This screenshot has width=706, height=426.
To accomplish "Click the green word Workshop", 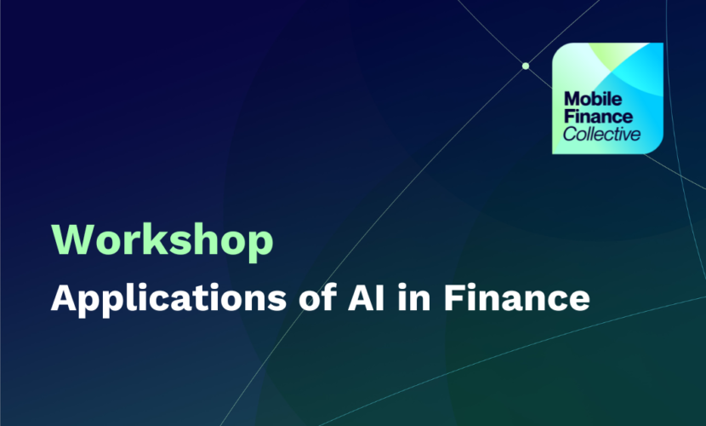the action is point(162,241).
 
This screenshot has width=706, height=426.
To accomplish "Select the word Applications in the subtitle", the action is point(169,299).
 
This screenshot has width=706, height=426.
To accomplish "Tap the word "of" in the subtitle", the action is point(318,297).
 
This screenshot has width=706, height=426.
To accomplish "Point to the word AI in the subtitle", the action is point(367,297).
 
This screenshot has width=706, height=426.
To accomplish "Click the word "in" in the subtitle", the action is point(413,297).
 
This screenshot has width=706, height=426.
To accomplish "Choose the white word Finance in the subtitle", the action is point(516,297).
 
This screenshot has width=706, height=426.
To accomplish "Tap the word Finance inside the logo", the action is point(598,117).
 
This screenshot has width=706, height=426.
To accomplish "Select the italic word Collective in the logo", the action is point(601,134).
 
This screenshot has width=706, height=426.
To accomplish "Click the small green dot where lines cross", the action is point(526,66).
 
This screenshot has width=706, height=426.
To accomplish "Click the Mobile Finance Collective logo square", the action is point(608,98).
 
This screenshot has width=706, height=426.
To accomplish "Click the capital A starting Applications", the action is point(65,297).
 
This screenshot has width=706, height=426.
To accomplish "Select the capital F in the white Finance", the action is point(453,297).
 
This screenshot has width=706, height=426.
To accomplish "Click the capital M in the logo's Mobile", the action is point(572,99).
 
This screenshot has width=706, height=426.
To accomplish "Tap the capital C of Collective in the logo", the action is point(570,134).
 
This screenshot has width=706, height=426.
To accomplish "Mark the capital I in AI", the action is point(382,297).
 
